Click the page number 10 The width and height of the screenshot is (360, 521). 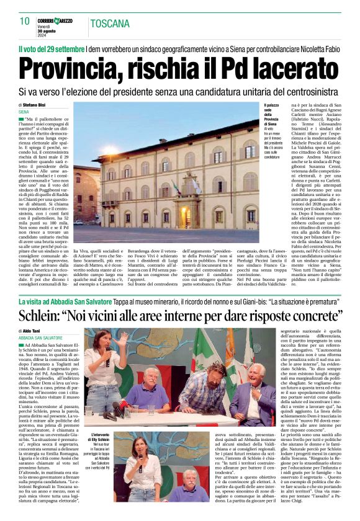pyautogui.click(x=24, y=20)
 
